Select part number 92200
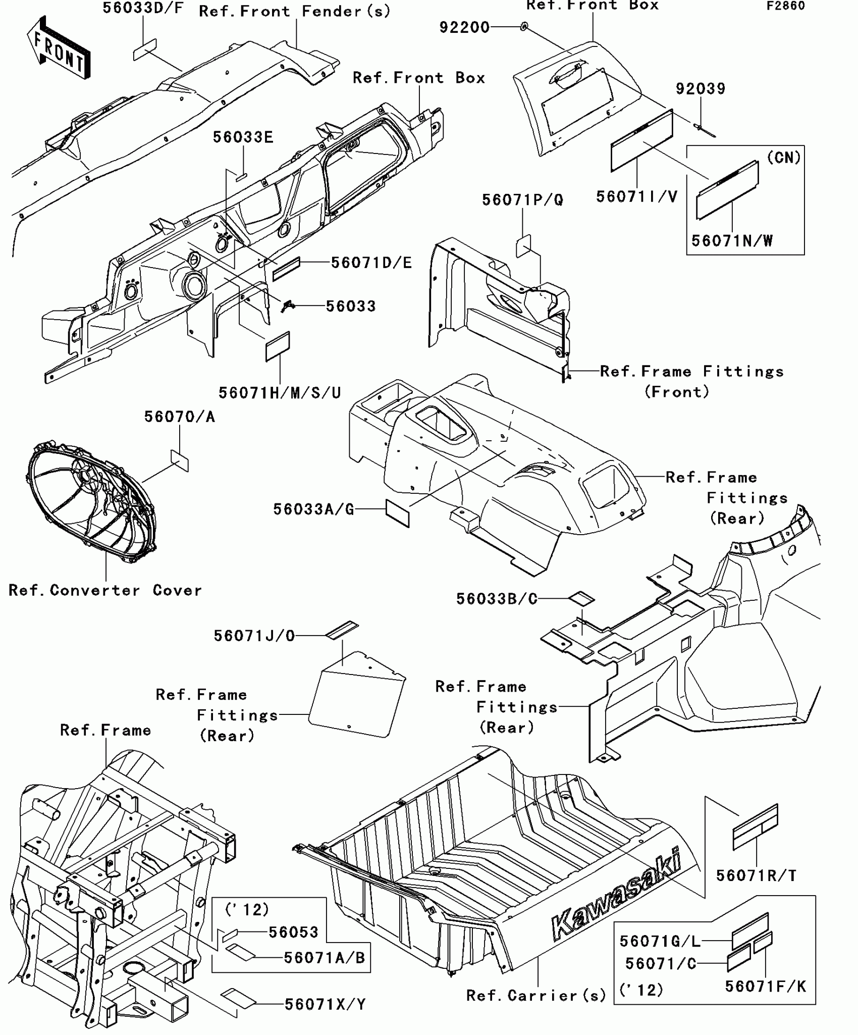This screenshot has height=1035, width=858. click(464, 27)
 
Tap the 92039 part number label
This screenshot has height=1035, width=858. click(701, 89)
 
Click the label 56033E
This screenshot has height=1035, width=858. click(243, 137)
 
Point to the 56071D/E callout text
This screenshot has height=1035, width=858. click(371, 263)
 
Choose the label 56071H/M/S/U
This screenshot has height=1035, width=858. click(280, 392)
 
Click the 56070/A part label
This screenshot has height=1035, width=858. click(180, 417)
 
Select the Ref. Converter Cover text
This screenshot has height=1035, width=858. click(105, 590)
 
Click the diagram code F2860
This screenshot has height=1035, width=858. click(786, 6)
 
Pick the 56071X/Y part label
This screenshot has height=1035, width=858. click(325, 1005)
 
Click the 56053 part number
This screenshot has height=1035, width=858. click(293, 932)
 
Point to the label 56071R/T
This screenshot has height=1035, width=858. click(756, 876)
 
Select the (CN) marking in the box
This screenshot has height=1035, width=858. click(784, 158)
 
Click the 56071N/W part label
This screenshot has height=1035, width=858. click(732, 241)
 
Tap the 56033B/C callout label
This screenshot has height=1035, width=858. click(497, 599)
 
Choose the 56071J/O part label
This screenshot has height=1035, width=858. click(254, 636)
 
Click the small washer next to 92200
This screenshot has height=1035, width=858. click(524, 26)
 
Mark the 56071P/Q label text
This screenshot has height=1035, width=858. click(522, 200)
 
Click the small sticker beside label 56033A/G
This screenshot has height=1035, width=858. click(397, 513)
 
